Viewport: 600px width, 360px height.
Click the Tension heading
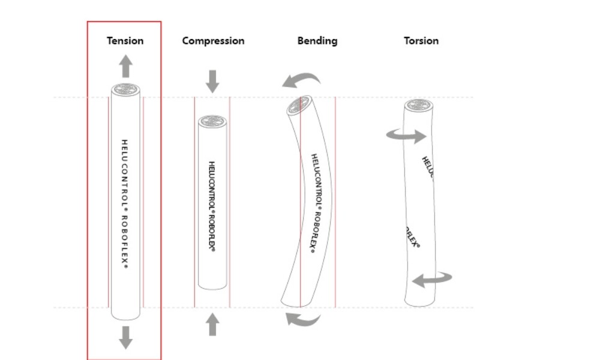pos(125,41)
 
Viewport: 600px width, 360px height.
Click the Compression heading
pos(213,41)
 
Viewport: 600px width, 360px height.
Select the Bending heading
pos(317,41)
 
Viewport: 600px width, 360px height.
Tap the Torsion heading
pos(421,41)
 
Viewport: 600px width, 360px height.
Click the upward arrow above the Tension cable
pos(125,66)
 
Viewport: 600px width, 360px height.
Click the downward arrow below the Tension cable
pos(125,337)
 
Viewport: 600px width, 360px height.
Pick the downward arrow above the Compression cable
pos(212,81)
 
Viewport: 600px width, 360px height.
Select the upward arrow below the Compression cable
pos(212,325)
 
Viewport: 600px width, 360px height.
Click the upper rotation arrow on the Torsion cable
pos(406,136)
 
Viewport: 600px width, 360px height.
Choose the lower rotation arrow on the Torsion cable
pos(432,278)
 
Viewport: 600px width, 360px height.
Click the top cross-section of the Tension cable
pos(125,90)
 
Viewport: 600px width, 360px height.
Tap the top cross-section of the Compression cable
pos(212,121)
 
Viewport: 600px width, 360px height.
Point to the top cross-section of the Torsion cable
pos(419,106)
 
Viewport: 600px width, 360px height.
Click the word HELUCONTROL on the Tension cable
pos(125,174)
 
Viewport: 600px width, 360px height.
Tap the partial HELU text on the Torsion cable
pos(427,167)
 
